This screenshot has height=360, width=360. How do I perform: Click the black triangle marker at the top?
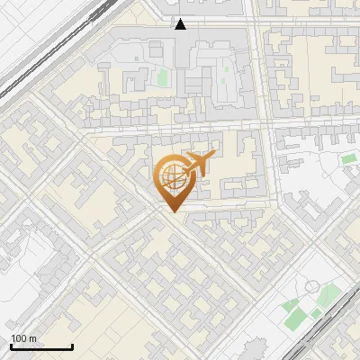coord(180,24)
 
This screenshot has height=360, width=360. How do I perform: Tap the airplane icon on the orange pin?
coord(194,166)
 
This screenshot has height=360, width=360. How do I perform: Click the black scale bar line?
coord(40,347)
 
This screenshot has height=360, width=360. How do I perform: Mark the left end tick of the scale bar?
coord(10,346)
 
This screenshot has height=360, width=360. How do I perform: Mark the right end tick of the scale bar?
coord(72,346)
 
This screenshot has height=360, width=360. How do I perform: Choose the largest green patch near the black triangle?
coord(162,77)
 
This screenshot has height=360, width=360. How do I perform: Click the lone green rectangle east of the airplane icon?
coord(348,159)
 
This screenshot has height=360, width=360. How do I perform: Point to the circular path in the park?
coord(312,287)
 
